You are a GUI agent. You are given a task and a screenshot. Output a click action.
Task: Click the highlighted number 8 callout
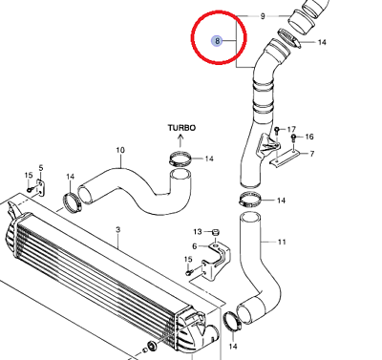point(218,41)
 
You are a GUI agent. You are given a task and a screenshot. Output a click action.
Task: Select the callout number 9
point(263,16)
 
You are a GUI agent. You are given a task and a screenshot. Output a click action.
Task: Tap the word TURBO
point(181,126)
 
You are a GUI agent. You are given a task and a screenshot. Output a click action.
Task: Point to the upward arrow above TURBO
point(181,139)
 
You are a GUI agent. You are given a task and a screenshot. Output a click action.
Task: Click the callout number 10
point(121,150)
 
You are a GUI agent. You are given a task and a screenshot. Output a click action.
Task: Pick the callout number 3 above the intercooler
point(117,230)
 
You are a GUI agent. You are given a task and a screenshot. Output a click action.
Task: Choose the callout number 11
point(282,243)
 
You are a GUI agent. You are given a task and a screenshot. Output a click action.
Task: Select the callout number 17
point(292,128)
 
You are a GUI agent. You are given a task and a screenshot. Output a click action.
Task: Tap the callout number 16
point(309,138)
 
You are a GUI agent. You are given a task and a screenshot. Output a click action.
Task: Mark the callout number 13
point(198,232)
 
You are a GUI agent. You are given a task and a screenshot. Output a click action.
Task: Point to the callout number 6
point(194,246)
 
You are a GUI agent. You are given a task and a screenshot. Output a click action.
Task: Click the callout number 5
point(41,167)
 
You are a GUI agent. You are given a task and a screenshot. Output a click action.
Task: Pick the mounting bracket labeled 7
point(285,154)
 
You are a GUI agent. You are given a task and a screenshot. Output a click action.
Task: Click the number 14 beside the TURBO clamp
point(209,159)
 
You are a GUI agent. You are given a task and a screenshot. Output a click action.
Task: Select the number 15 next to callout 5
point(29,175)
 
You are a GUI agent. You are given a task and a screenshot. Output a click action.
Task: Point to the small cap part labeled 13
point(215,230)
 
